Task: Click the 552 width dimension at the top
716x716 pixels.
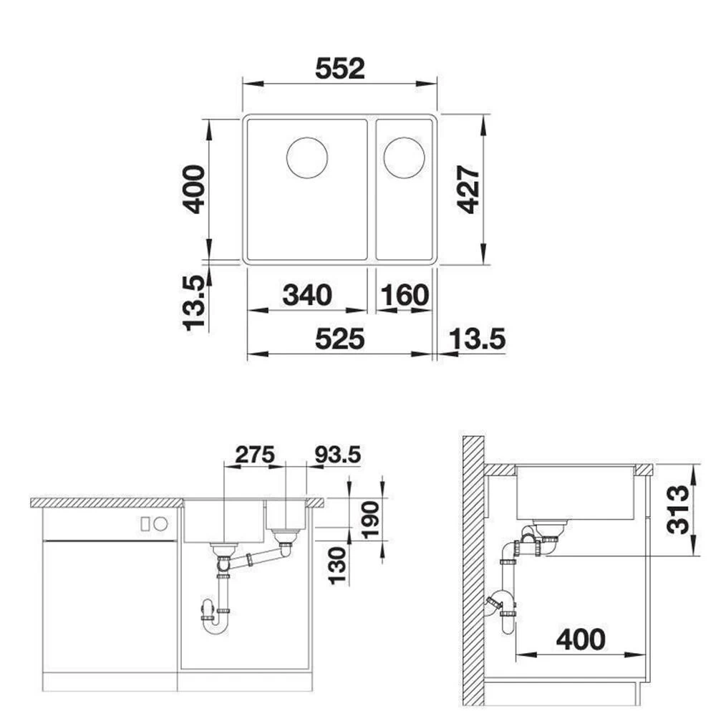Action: coord(340,69)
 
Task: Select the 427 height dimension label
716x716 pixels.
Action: coord(469,190)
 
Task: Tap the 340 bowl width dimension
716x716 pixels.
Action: coord(307,295)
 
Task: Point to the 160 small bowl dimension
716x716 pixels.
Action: coord(405,295)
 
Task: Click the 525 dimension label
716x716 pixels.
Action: coord(339,339)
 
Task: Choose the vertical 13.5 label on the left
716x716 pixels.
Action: coord(194,303)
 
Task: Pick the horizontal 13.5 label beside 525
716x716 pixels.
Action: coord(477,339)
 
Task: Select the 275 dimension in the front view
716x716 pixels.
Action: coord(255,455)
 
